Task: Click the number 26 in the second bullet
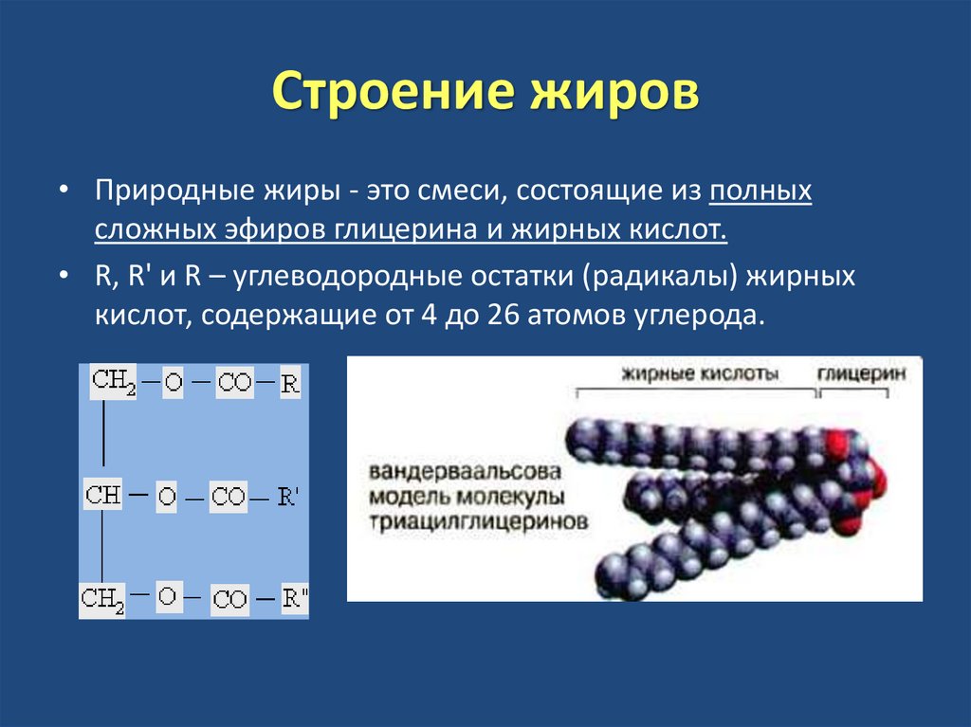pos(502,316)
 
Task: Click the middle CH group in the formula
pos(104,495)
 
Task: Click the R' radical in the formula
pos(288,497)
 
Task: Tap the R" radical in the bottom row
pos(295,599)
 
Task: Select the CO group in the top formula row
pos(234,384)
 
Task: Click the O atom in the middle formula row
pos(167,497)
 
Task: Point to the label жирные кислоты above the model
pos(700,373)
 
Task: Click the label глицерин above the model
pos(861,373)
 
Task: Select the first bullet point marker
pos(63,191)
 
